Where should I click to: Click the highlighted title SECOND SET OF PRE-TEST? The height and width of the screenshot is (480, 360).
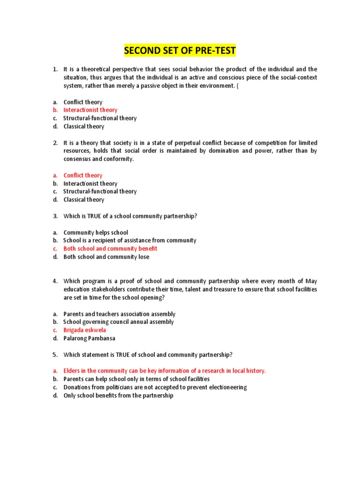point(180,50)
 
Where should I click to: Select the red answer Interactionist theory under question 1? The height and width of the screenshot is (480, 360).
point(90,110)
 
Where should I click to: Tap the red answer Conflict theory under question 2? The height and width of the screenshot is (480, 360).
point(83,175)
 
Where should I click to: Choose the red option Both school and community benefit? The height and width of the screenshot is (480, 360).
point(110,248)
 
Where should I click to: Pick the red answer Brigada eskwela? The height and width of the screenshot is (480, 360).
point(85,330)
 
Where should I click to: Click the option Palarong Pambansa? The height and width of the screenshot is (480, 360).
point(90,338)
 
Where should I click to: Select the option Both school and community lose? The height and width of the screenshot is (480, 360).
point(106,257)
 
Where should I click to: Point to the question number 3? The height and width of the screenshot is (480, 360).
point(55,216)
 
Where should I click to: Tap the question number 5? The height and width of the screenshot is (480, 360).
point(55,354)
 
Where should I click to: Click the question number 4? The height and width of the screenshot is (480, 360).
point(55,281)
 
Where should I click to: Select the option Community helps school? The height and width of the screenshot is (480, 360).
point(96,232)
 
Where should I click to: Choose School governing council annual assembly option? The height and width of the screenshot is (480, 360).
point(119,322)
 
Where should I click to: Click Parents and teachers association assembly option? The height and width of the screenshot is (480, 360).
point(120,314)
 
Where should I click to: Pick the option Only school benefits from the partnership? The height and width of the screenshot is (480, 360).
point(118,395)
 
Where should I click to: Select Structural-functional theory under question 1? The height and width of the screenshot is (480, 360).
point(100,118)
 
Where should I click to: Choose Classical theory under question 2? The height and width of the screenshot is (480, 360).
point(84,200)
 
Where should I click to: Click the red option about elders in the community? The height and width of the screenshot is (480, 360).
point(165,371)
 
